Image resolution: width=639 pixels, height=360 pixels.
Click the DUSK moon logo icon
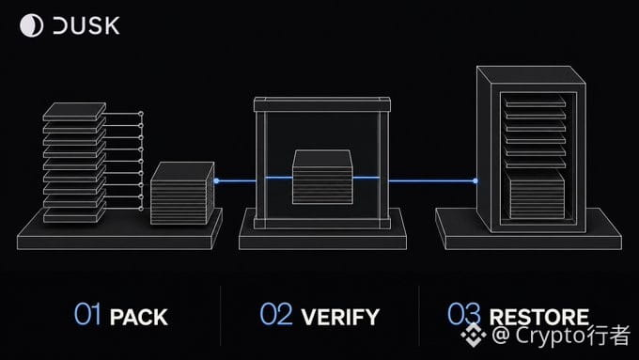[31, 25]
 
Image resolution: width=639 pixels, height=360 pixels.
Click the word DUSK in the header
[86, 25]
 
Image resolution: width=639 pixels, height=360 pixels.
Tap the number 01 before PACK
[87, 314]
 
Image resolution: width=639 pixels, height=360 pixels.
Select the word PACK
[139, 317]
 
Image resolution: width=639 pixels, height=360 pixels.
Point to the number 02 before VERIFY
[276, 314]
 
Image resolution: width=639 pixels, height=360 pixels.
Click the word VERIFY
[340, 317]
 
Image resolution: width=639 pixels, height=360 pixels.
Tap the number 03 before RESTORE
[464, 314]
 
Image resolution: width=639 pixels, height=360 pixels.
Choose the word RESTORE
[539, 317]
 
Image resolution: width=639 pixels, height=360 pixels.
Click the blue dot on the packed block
[216, 180]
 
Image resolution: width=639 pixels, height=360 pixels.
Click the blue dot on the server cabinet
[475, 180]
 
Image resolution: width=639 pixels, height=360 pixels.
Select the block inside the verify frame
[322, 177]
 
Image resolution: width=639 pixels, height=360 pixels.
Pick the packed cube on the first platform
[182, 193]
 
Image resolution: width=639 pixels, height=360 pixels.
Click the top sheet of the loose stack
[74, 111]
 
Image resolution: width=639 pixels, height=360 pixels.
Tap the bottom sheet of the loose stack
[74, 215]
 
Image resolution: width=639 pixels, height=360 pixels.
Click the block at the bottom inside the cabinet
[538, 195]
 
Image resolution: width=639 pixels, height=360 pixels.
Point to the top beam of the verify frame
[322, 104]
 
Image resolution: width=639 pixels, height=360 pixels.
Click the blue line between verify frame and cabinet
[432, 180]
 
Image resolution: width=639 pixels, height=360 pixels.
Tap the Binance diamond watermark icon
[473, 335]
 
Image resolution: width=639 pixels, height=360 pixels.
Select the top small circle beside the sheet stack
[141, 114]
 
